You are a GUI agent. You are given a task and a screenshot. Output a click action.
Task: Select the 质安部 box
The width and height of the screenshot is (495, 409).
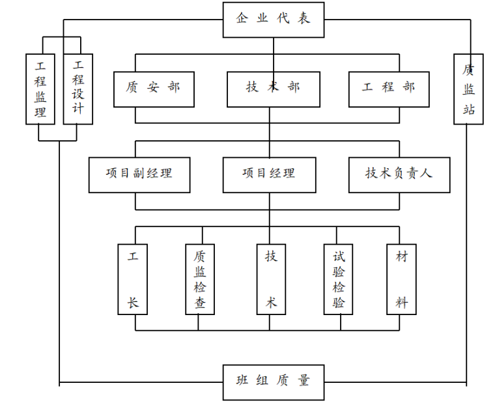pyautogui.click(x=154, y=87)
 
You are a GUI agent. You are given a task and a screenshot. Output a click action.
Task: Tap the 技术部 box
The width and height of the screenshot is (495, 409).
pyautogui.click(x=273, y=87)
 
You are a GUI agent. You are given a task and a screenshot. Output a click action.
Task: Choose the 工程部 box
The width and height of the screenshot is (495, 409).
pyautogui.click(x=389, y=87)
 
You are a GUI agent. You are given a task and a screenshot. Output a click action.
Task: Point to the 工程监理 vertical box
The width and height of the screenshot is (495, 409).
pyautogui.click(x=41, y=89)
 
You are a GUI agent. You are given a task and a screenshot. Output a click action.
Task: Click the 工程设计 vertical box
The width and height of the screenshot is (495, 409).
pyautogui.click(x=78, y=89)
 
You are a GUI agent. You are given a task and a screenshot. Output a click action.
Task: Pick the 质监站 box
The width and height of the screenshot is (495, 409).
pyautogui.click(x=468, y=89)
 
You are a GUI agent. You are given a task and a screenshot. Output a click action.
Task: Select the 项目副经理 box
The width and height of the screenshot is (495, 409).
pyautogui.click(x=139, y=174)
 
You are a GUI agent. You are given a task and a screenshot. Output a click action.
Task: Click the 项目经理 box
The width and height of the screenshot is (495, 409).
pyautogui.click(x=269, y=174)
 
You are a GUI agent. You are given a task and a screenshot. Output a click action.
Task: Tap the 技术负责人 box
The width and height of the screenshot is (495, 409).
pyautogui.click(x=399, y=174)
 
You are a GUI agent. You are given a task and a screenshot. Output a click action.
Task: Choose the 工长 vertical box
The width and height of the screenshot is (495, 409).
pyautogui.click(x=133, y=279)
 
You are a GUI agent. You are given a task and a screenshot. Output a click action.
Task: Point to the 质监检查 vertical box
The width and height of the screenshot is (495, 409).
pyautogui.click(x=201, y=279)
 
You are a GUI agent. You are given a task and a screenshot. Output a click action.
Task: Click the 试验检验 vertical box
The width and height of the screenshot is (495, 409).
pyautogui.click(x=339, y=279)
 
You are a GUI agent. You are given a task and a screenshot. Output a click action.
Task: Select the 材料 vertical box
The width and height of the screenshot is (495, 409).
pyautogui.click(x=401, y=279)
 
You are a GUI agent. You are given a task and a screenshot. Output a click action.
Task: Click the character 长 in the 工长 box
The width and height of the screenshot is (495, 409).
pyautogui.click(x=133, y=303)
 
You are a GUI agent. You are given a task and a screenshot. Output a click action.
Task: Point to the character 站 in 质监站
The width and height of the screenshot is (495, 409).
pyautogui.click(x=468, y=109)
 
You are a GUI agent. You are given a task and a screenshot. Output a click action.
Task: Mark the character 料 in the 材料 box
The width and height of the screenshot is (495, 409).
pyautogui.click(x=401, y=303)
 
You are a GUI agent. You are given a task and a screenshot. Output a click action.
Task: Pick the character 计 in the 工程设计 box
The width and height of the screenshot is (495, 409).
pyautogui.click(x=78, y=109)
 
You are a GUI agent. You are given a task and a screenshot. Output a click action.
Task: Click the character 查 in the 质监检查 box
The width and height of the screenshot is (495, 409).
pyautogui.click(x=201, y=303)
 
